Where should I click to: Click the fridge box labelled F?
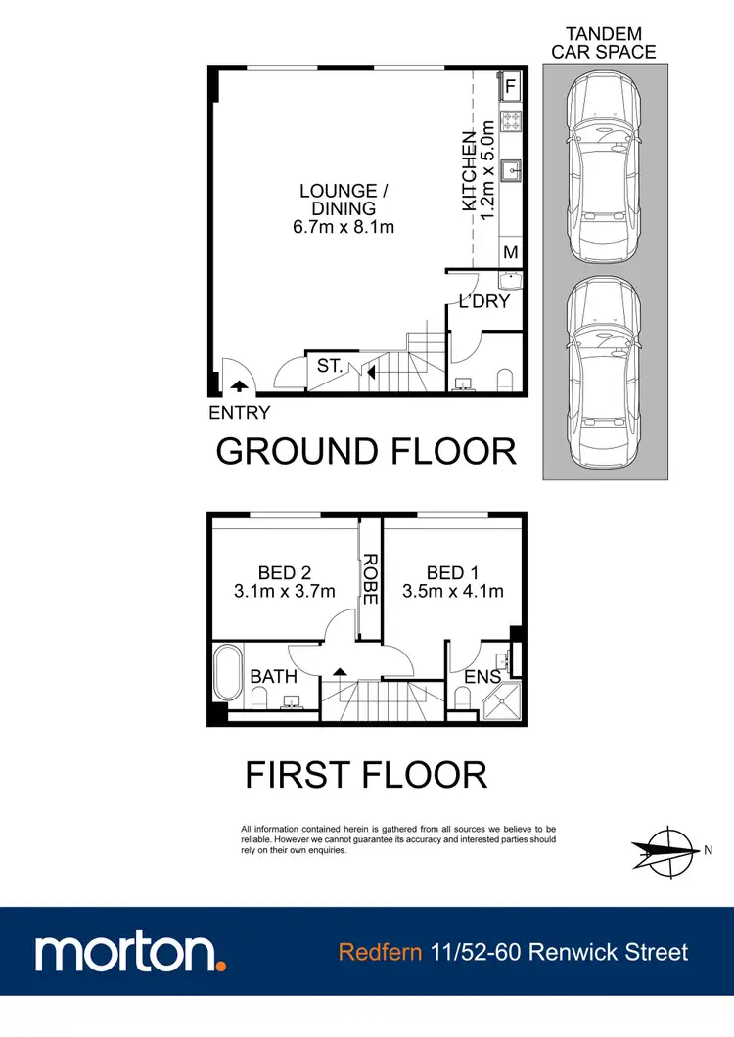tap(510, 87)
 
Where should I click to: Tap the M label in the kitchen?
tap(510, 252)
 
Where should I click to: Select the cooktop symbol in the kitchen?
tap(510, 121)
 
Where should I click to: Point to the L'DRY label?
tap(484, 301)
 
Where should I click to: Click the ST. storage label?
tap(329, 366)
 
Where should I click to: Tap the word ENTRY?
tap(240, 413)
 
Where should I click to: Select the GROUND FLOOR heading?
tap(366, 451)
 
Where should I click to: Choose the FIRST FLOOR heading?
tap(366, 775)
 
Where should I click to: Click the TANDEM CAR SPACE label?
tap(604, 43)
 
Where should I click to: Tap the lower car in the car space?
tap(604, 374)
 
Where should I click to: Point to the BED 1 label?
tap(452, 572)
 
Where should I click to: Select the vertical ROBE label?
tap(370, 579)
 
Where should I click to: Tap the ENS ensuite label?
tap(482, 676)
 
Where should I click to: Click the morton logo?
tap(131, 952)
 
